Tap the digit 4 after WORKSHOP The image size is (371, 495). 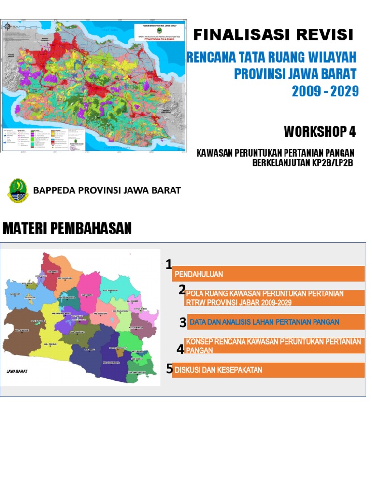click(352, 131)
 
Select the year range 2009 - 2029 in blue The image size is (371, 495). click(325, 90)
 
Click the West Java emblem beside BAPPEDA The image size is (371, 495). click(18, 190)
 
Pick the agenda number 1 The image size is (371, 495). click(169, 264)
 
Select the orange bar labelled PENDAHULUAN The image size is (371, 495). click(268, 274)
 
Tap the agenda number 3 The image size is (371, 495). click(183, 322)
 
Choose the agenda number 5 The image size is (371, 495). click(170, 369)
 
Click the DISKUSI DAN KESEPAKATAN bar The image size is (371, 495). click(268, 370)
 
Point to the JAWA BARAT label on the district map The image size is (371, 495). click(15, 372)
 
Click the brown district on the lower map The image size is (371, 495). click(19, 334)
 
